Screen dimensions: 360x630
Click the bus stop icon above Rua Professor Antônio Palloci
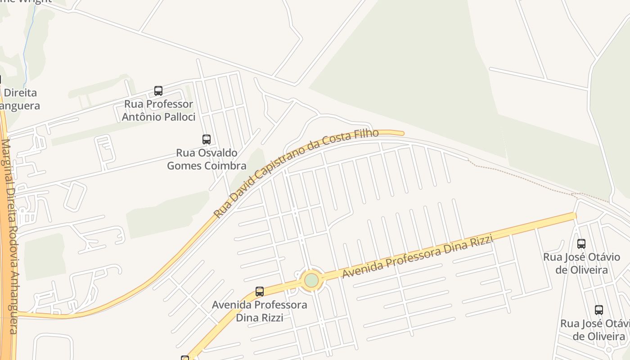158,90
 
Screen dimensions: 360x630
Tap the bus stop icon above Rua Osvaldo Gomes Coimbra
207,139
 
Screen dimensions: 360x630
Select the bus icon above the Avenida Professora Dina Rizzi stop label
260,292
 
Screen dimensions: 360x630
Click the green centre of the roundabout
311,280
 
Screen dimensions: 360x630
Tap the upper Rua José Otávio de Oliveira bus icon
581,244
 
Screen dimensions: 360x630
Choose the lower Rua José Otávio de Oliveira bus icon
598,310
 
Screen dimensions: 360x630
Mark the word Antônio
141,117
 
